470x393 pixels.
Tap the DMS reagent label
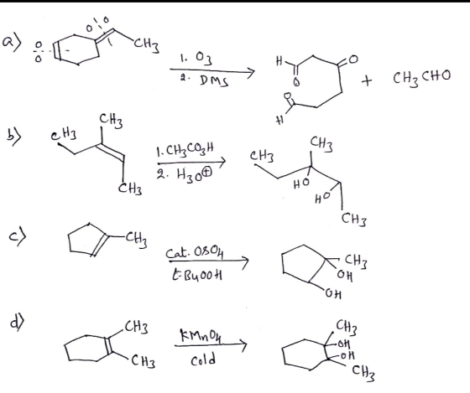(213, 80)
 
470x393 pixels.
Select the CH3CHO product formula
(421, 77)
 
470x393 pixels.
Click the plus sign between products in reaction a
(367, 80)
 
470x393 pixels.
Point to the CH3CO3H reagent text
(185, 150)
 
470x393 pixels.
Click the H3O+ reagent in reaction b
(185, 174)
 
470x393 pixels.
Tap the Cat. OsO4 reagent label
(195, 254)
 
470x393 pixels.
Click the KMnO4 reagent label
(201, 334)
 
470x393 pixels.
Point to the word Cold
(203, 359)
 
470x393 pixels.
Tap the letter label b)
(13, 137)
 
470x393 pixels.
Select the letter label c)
(18, 237)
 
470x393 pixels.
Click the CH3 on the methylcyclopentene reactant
(136, 240)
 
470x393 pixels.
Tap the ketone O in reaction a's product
(352, 59)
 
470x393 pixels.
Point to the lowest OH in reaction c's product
(332, 294)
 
